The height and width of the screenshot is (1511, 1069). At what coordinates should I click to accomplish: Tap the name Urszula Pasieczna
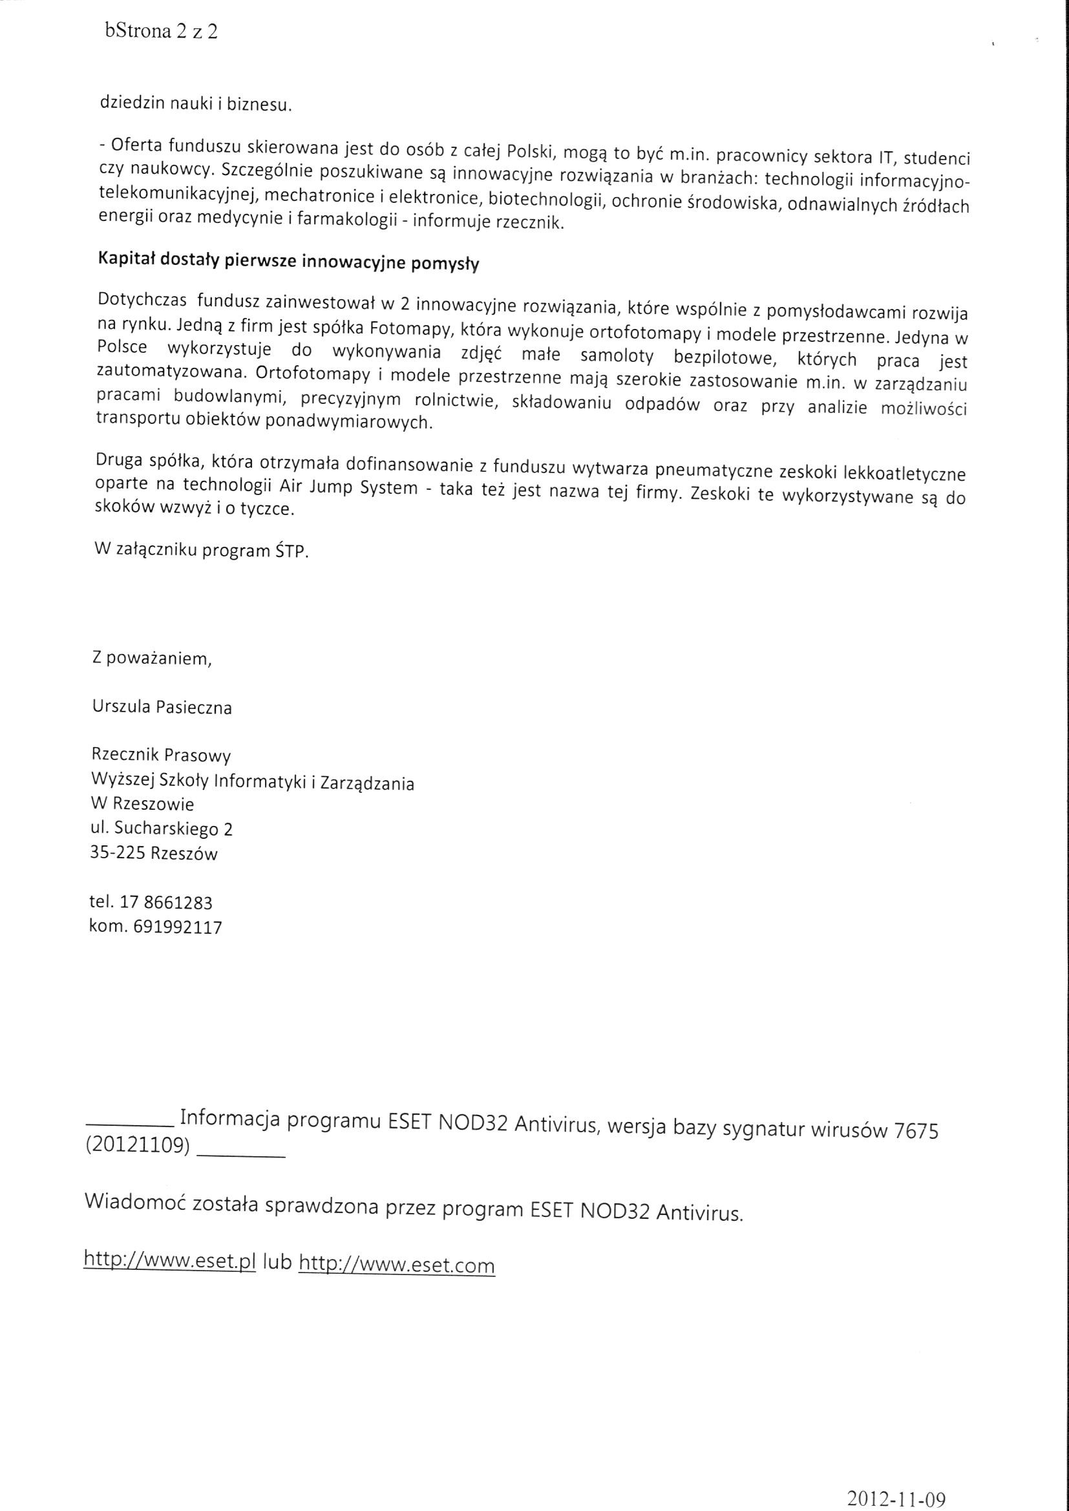(x=162, y=708)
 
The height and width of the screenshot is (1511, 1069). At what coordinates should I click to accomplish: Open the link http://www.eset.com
(x=396, y=1264)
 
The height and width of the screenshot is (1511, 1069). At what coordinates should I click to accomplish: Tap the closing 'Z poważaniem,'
(x=152, y=658)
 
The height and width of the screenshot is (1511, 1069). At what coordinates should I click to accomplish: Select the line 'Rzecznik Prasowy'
(x=162, y=755)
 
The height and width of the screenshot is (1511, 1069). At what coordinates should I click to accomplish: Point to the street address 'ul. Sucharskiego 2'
(x=161, y=829)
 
